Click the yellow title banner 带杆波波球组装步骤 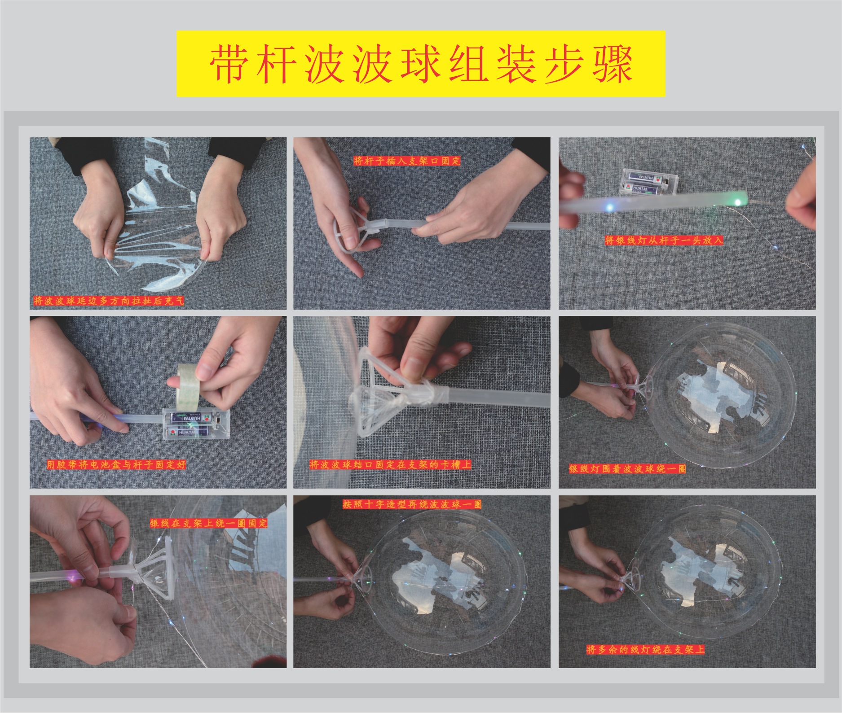tap(421, 64)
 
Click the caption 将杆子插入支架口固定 tap(407, 161)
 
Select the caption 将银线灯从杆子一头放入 tap(664, 241)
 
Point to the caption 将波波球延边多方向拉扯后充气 tap(108, 301)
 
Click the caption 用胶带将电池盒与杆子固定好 tap(116, 464)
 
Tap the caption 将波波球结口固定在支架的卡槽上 tap(390, 464)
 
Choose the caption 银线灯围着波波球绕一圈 tap(627, 469)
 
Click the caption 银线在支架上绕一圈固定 tap(208, 523)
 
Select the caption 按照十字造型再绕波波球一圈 tap(412, 504)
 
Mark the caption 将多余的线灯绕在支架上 tap(645, 649)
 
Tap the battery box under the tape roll tap(196, 424)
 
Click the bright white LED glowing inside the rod tap(609, 207)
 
